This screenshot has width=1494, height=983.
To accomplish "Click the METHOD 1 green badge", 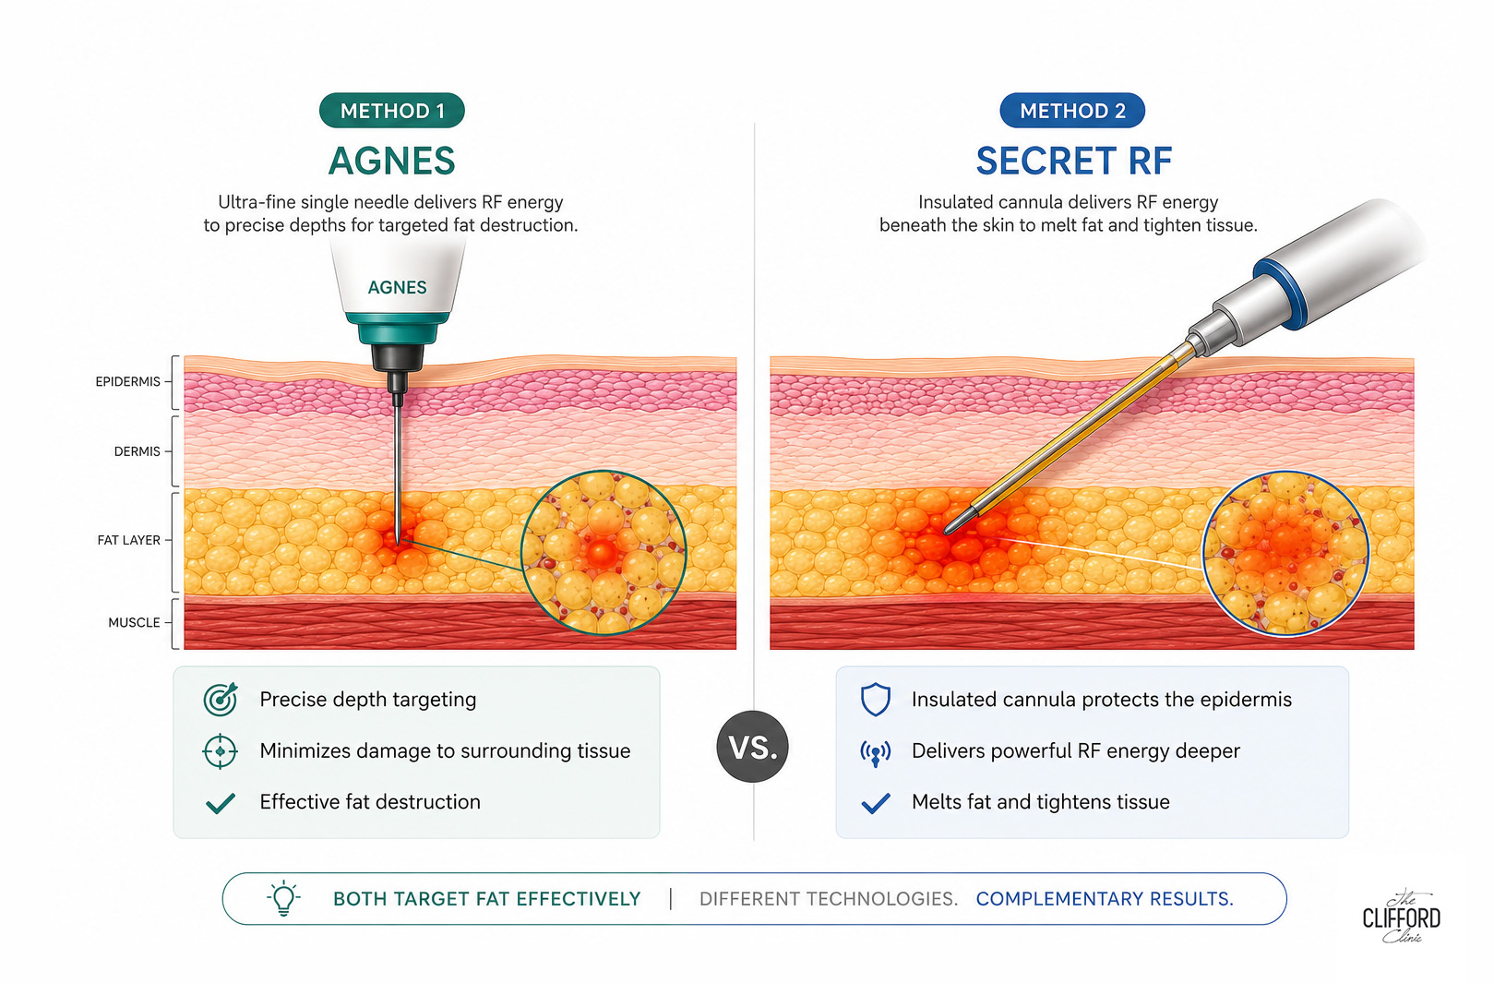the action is [x=392, y=111].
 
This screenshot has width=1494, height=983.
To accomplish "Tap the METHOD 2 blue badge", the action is [x=1072, y=111].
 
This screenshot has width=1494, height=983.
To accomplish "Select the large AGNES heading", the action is [x=391, y=161].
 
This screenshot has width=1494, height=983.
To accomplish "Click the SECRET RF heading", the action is [x=1074, y=161].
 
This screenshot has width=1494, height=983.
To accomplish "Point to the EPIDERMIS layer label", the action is [x=128, y=381].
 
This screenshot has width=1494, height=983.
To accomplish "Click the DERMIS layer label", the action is [x=137, y=451].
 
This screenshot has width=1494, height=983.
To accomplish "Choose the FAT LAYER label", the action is [x=129, y=540].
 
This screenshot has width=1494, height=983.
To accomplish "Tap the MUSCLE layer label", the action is [x=134, y=622].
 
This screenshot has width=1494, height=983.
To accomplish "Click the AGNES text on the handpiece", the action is [x=398, y=287].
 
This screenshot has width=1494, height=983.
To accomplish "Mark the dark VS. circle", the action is [x=752, y=747].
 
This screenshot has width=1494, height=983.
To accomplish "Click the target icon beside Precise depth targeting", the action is [x=221, y=699].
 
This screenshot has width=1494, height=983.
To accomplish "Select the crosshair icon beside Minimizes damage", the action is [x=221, y=751].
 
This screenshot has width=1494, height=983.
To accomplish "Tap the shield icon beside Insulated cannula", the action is [x=876, y=700].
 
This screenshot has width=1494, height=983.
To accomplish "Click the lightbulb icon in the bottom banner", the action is [x=283, y=898].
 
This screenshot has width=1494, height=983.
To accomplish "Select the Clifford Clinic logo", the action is [x=1402, y=917].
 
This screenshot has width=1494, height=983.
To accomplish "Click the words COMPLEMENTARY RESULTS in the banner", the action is [x=1105, y=899].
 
